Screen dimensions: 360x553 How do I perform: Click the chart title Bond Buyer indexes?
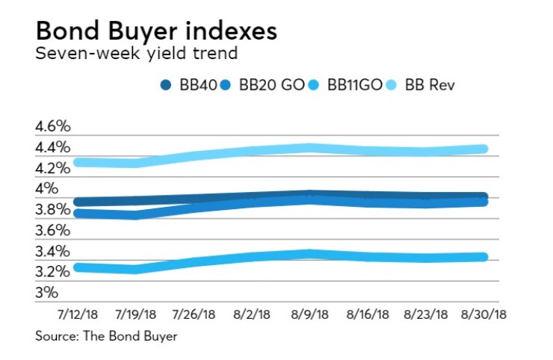(x=155, y=31)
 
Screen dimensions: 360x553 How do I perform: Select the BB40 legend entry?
(x=190, y=85)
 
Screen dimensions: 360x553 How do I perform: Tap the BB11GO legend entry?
(x=347, y=85)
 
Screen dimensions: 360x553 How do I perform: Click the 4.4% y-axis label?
(x=52, y=147)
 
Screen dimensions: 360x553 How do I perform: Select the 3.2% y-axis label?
(x=52, y=272)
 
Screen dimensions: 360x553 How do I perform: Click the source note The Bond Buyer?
(x=106, y=337)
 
